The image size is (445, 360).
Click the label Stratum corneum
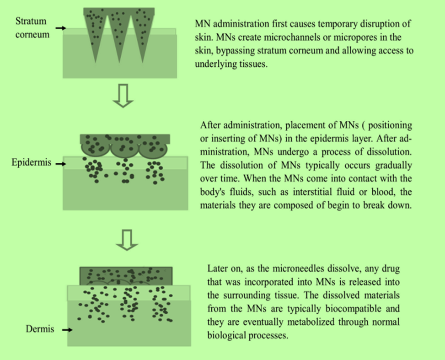[31, 27]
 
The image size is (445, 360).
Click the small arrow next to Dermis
[67, 329]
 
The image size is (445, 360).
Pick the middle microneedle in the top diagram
[119, 32]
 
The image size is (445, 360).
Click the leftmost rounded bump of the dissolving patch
[95, 147]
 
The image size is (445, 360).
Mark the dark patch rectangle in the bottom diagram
[126, 276]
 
